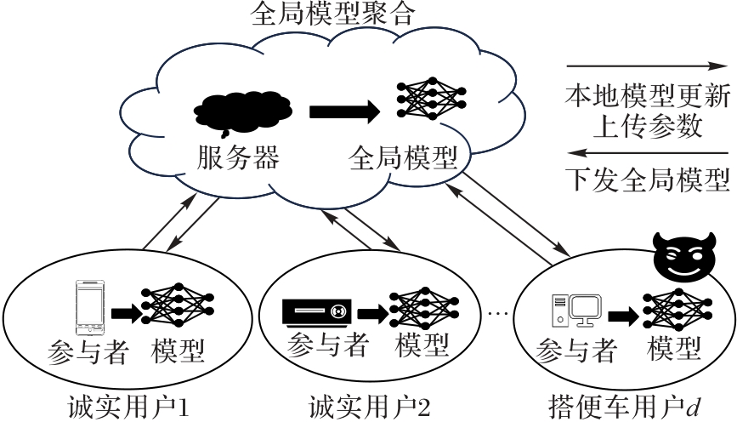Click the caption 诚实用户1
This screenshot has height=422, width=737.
(x=128, y=403)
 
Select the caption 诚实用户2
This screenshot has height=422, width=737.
(x=366, y=403)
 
